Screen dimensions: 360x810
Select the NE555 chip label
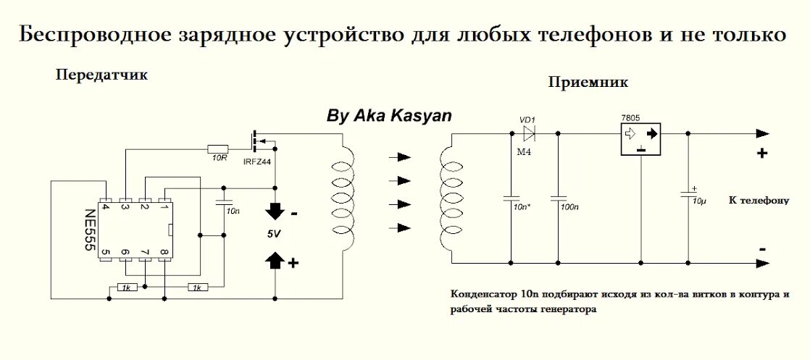(90, 230)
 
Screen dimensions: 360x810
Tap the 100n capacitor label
(569, 207)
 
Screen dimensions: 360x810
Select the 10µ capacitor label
(698, 200)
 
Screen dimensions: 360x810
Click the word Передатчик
(101, 75)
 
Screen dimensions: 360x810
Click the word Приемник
(588, 83)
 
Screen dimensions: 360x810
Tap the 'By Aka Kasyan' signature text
(388, 116)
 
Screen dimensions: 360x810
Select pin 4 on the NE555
(105, 206)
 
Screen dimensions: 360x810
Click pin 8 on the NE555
(164, 252)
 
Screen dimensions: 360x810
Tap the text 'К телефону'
(758, 201)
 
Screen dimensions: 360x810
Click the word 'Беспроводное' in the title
(92, 35)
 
